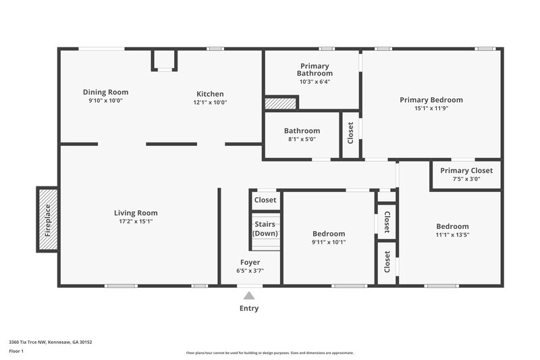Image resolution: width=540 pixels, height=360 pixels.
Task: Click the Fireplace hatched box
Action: [47, 220]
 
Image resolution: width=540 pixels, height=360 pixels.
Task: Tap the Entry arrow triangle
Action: [249, 295]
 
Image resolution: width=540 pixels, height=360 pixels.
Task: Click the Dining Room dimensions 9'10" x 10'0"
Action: [105, 101]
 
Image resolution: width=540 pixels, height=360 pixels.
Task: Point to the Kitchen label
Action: [210, 94]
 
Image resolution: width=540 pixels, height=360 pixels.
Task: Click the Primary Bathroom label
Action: [315, 70]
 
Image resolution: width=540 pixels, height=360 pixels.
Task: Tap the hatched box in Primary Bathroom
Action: [280, 103]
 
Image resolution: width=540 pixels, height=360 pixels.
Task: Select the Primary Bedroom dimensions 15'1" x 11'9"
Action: [431, 109]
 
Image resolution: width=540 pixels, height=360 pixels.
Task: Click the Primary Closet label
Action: [466, 171]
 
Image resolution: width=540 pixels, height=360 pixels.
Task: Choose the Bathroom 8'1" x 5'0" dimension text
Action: [302, 139]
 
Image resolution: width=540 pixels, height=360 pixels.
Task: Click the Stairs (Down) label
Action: [265, 229]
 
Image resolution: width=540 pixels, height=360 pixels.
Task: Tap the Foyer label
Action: [250, 262]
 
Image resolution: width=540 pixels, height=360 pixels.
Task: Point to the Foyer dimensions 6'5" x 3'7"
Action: [250, 270]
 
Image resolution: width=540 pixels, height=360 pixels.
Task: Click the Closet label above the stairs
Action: [265, 200]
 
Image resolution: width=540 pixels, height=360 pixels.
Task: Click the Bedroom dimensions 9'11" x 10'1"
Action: [329, 242]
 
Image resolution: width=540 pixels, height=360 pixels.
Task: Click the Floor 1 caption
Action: [16, 351]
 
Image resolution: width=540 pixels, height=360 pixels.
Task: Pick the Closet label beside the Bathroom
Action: [350, 133]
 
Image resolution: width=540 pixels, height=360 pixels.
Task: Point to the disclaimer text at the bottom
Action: [269, 353]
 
